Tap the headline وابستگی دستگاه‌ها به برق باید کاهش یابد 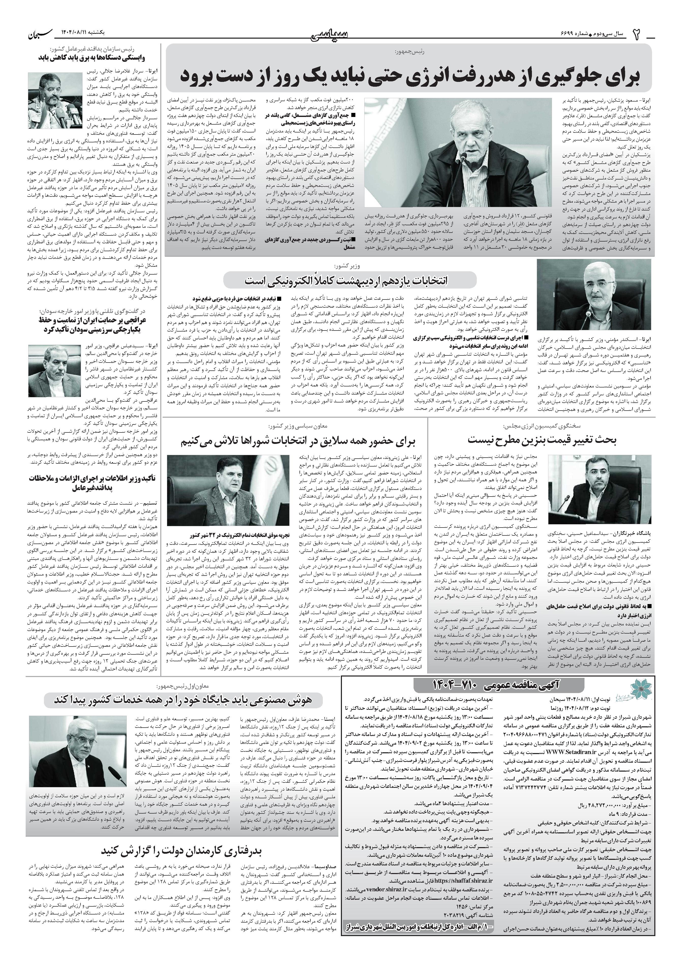tap(98, 57)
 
